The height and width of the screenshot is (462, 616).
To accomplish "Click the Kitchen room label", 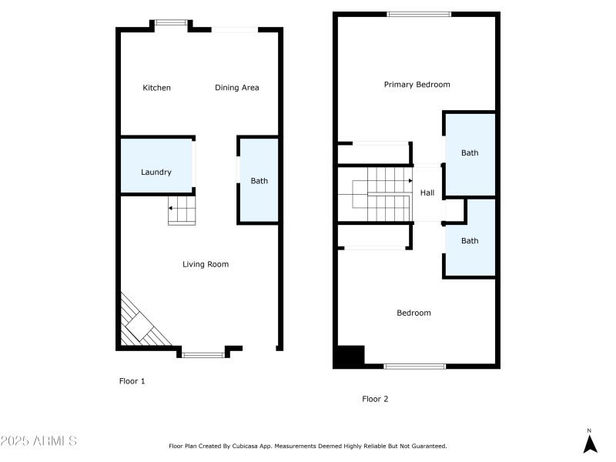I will click(156, 88).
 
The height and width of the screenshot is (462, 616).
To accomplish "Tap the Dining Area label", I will click(236, 88).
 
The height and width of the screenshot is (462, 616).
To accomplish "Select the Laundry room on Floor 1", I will click(156, 172).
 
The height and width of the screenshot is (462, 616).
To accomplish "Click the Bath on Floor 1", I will click(259, 181).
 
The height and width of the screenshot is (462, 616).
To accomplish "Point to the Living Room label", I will click(206, 264).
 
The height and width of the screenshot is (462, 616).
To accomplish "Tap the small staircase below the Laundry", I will click(182, 210).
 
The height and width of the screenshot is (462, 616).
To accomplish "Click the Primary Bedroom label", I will click(417, 85).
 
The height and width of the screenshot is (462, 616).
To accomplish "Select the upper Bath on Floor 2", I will click(470, 152).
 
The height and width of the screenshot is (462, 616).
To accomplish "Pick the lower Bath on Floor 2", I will click(470, 240).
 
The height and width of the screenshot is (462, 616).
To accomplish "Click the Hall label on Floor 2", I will click(427, 193).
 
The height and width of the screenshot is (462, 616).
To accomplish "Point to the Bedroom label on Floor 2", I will click(413, 313).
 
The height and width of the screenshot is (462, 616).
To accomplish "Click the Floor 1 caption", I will click(132, 381).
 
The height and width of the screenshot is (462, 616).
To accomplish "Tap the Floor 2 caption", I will click(375, 399).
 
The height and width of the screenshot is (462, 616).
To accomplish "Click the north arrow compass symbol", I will click(590, 443).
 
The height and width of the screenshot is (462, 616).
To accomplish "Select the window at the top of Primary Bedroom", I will click(419, 14).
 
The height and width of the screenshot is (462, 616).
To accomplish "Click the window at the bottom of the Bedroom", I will click(414, 366).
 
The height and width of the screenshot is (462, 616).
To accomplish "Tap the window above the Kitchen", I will click(170, 23).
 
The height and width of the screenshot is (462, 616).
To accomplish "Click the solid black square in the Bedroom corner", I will click(349, 356).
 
